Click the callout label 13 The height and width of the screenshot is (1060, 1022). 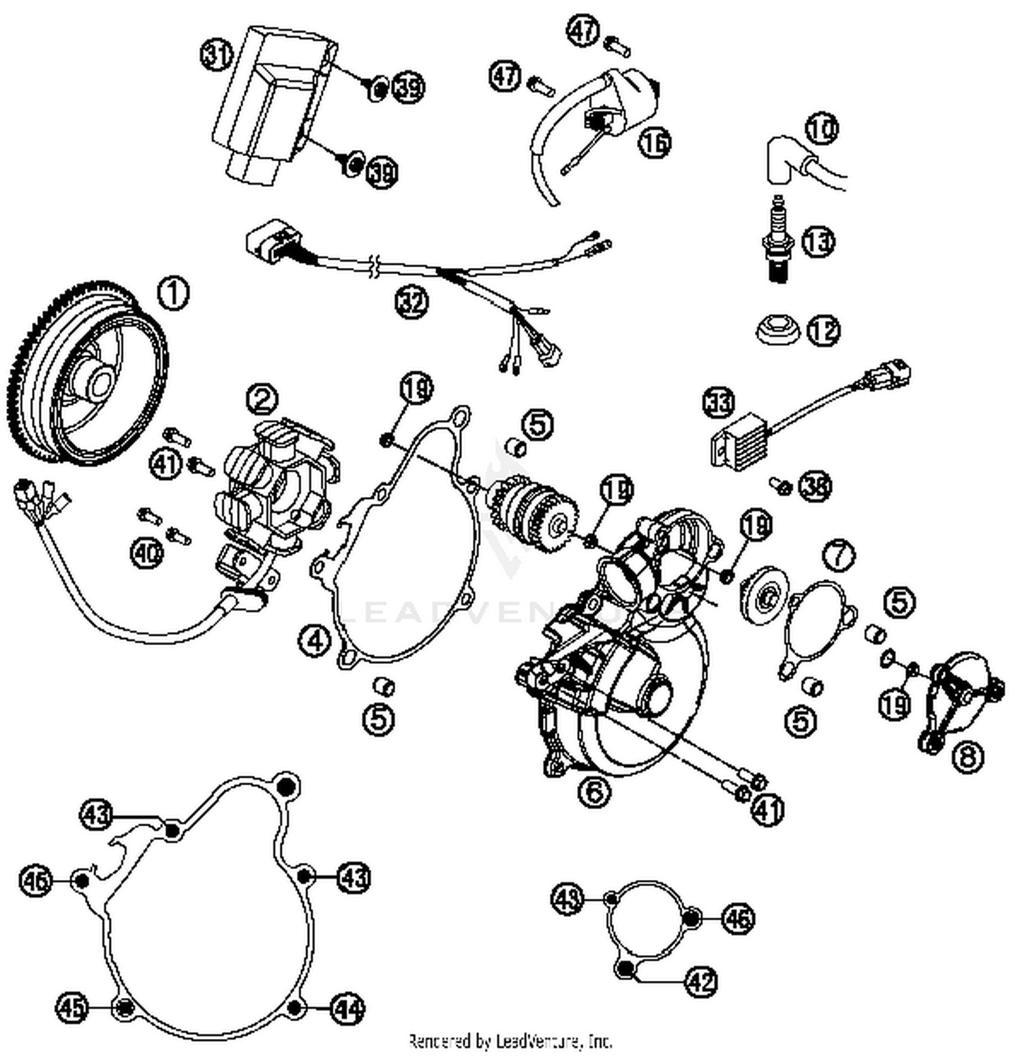point(818,241)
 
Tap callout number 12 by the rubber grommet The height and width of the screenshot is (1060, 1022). point(823,331)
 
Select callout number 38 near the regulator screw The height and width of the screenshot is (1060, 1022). point(815,487)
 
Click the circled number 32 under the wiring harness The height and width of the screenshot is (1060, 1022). point(412,301)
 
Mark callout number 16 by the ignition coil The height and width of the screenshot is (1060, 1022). point(655,142)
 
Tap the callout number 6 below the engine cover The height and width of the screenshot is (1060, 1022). point(595,791)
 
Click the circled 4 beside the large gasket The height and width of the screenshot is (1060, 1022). point(315,641)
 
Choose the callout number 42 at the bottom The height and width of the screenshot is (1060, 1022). point(700,982)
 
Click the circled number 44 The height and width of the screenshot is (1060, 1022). point(347,1009)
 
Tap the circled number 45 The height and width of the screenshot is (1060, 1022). point(72,1008)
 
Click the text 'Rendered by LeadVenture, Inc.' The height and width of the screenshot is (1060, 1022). point(510,1041)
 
